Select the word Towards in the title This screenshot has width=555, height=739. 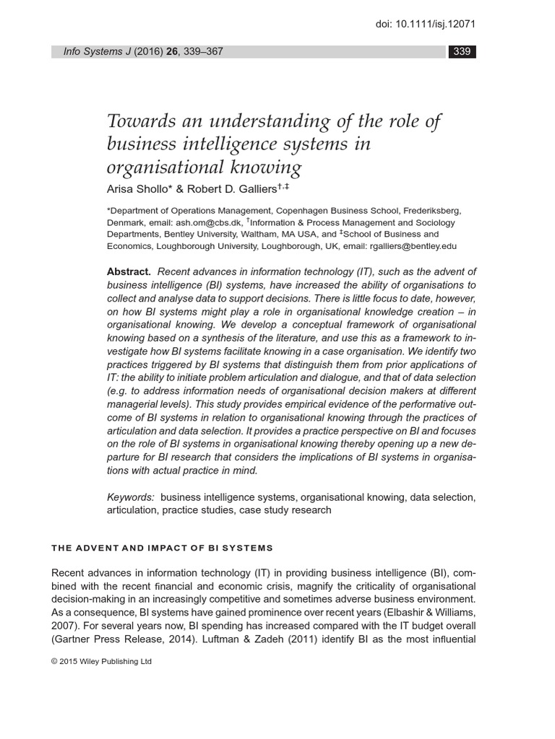click(137, 121)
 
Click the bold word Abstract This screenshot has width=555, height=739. click(129, 272)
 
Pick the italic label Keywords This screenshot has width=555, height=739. click(131, 497)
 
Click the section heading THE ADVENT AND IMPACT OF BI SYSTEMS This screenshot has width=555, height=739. click(162, 548)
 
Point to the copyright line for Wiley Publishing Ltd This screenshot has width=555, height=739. click(101, 661)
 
